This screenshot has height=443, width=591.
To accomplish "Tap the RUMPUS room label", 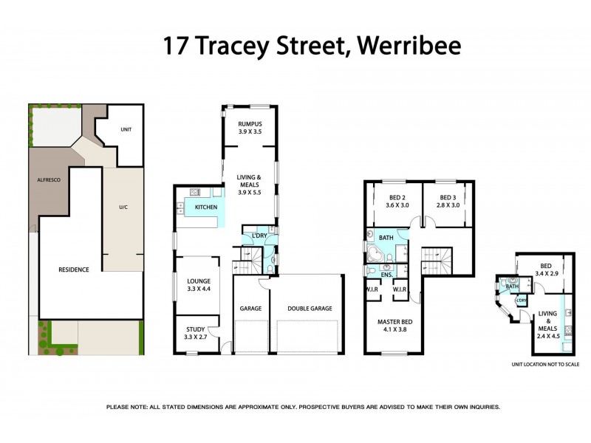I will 250,124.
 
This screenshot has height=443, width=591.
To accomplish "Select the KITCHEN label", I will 206,207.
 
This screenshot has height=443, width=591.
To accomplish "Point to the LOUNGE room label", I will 199,281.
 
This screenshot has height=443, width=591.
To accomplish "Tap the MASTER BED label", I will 393,322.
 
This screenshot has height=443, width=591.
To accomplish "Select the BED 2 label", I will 398,197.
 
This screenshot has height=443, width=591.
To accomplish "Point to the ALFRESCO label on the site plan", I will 50,179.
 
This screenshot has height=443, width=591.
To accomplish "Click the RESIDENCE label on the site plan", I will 74,269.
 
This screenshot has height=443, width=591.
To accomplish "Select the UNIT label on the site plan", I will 126,129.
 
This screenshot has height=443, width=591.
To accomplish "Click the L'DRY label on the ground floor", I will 259,235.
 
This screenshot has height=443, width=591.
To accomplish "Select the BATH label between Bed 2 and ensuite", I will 386,238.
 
